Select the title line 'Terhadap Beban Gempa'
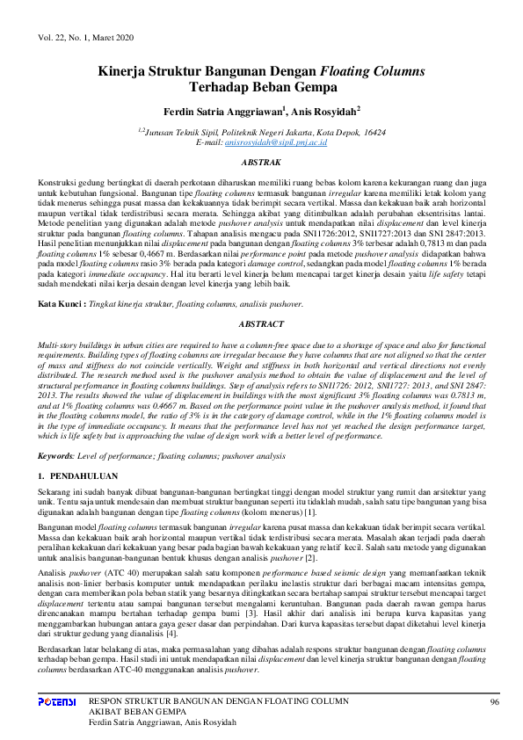click(261, 88)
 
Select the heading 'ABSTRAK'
click(261, 163)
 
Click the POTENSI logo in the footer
click(57, 702)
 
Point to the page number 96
click(494, 702)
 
